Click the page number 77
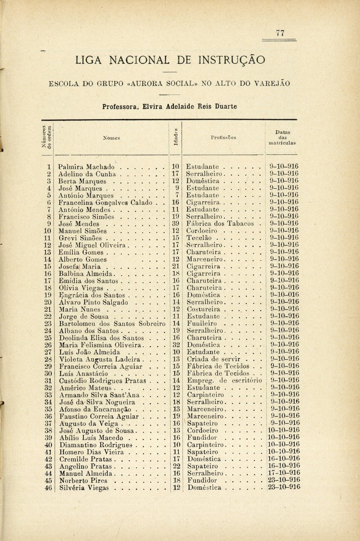pos(280,33)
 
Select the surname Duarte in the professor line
pos(226,106)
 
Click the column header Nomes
pos(111,138)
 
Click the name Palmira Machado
pos(87,167)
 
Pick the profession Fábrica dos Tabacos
pos(221,224)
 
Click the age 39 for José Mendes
pos(176,224)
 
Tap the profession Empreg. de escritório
pos(224,380)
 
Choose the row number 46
pos(48,488)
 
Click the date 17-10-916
pos(283,473)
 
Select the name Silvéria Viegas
pos(84,488)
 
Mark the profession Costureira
pos(203,309)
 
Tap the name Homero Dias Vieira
pos(92,452)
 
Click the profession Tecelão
pos(199,238)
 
